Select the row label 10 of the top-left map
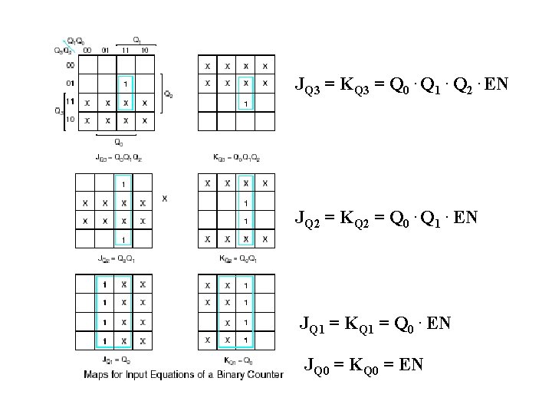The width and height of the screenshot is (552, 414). click(70, 120)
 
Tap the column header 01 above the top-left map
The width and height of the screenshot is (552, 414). click(105, 50)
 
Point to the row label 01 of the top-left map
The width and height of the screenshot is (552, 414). click(70, 82)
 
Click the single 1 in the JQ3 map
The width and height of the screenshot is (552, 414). click(124, 83)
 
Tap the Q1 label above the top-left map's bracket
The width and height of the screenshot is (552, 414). click(136, 39)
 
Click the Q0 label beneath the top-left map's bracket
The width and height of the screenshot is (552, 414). click(117, 141)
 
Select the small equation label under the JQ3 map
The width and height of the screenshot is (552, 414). click(119, 158)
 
